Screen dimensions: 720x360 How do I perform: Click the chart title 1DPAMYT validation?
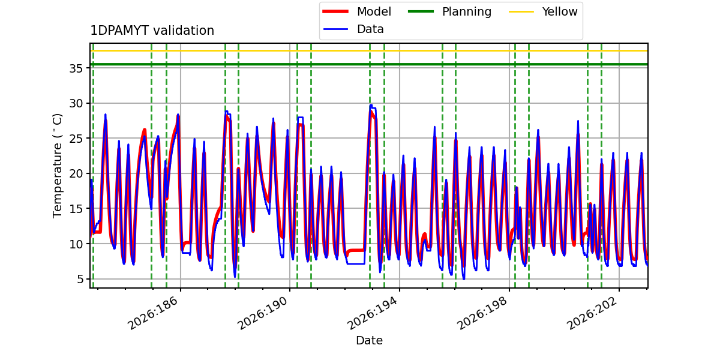pyautogui.click(x=152, y=31)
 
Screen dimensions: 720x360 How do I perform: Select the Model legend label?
pyautogui.click(x=374, y=11)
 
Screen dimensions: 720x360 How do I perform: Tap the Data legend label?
pyautogui.click(x=370, y=29)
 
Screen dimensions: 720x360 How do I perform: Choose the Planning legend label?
pyautogui.click(x=467, y=11)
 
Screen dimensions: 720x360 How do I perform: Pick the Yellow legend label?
pyautogui.click(x=560, y=11)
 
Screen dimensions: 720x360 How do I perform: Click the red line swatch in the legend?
pyautogui.click(x=335, y=11)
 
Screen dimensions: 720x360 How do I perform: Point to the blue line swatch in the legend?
pyautogui.click(x=335, y=29)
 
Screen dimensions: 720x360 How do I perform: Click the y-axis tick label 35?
pyautogui.click(x=76, y=68)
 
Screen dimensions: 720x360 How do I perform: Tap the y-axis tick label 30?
pyautogui.click(x=76, y=103)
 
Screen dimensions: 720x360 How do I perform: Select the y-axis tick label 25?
pyautogui.click(x=76, y=139)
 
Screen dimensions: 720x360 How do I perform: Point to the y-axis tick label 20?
pyautogui.click(x=76, y=173)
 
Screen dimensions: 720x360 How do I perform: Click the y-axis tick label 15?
pyautogui.click(x=76, y=209)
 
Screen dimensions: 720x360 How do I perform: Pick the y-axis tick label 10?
pyautogui.click(x=76, y=244)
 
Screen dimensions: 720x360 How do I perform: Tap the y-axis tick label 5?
pyautogui.click(x=79, y=279)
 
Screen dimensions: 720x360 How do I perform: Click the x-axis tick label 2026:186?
pyautogui.click(x=152, y=313)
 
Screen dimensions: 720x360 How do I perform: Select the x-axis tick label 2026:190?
pyautogui.click(x=262, y=313)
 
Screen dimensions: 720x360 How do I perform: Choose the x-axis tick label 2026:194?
pyautogui.click(x=372, y=313)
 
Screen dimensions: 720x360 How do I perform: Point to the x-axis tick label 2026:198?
pyautogui.click(x=481, y=313)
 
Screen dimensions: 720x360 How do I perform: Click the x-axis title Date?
pyautogui.click(x=369, y=340)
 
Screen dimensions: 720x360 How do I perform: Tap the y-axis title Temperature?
pyautogui.click(x=57, y=166)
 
